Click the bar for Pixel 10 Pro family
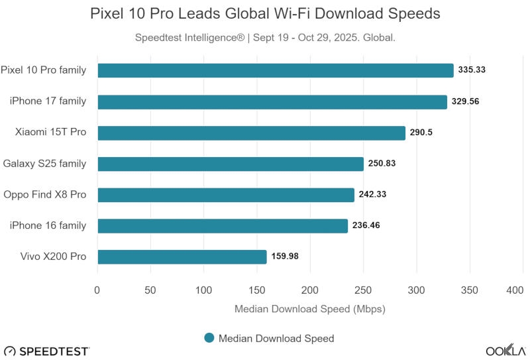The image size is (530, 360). (x=275, y=70)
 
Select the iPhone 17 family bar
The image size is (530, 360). (x=272, y=101)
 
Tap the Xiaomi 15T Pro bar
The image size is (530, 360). (x=251, y=133)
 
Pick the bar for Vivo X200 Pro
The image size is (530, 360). (x=182, y=257)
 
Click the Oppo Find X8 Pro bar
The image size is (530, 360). (x=225, y=195)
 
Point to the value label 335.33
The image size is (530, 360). (x=472, y=70)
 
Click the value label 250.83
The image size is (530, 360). (x=382, y=164)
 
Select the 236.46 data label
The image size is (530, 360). (x=366, y=225)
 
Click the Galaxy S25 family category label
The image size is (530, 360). (x=44, y=164)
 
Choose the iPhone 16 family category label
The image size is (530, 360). (x=48, y=225)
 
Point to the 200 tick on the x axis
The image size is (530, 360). (x=310, y=290)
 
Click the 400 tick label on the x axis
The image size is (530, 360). (x=515, y=290)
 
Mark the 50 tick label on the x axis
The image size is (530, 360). (x=150, y=290)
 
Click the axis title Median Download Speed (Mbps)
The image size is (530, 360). (x=309, y=309)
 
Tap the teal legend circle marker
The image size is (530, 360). (x=209, y=338)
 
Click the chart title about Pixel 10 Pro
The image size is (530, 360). (x=265, y=13)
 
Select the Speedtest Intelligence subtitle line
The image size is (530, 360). (x=265, y=37)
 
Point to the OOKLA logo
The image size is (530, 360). (x=505, y=350)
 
